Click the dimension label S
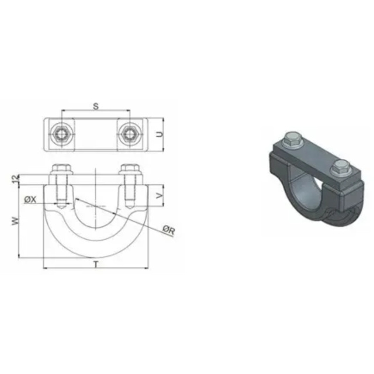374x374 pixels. click(x=96, y=106)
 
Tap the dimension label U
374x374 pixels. click(x=160, y=134)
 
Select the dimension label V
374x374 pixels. click(x=160, y=196)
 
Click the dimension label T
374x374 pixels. click(x=96, y=264)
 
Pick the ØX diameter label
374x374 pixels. click(x=30, y=199)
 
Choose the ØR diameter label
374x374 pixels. click(x=169, y=230)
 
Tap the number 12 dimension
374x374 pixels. click(x=16, y=179)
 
